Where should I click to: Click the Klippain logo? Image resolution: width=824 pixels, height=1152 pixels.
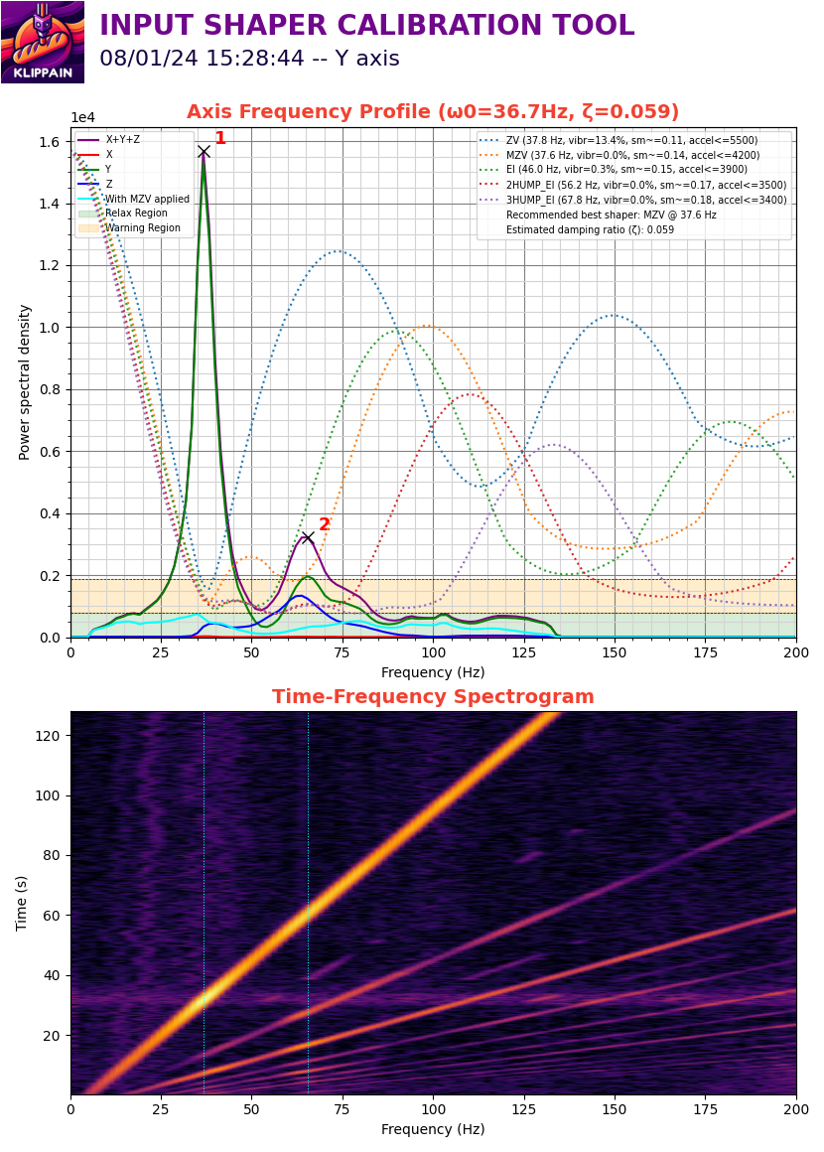pos(43,42)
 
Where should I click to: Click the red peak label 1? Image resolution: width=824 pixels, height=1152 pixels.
pos(219,137)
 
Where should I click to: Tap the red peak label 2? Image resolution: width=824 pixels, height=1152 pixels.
pos(324,523)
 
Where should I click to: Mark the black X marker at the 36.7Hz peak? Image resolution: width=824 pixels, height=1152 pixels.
pos(205,152)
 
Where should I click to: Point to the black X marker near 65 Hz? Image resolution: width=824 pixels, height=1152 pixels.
pos(308,538)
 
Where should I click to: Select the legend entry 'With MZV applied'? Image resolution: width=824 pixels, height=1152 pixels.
pos(134,199)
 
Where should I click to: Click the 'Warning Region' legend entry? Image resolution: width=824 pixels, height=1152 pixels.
pos(129,227)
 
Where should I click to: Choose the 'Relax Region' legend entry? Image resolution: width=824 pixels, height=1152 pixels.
pos(123,214)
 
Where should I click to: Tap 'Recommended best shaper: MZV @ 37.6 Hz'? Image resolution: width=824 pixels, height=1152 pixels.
pos(611,215)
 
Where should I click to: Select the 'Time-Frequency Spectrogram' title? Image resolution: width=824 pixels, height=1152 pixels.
pos(433,696)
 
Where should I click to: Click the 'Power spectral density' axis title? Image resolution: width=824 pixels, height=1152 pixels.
pos(24,382)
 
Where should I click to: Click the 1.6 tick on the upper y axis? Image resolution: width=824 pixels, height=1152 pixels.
pos(50,142)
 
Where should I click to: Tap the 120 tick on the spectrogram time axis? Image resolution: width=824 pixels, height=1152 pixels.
pos(47,736)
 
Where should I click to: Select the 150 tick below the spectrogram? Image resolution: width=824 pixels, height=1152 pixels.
pos(615,1109)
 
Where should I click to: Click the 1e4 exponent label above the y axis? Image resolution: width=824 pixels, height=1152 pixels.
pos(82,117)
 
